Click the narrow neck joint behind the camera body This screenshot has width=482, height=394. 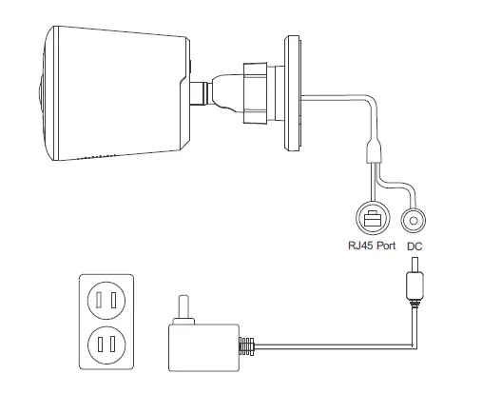(201, 93)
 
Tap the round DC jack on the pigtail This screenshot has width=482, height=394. (414, 220)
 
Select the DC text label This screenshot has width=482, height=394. (415, 245)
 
